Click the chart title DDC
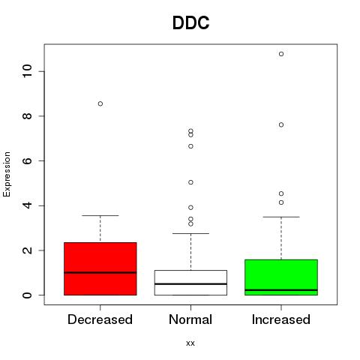[190, 23]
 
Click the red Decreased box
[100, 268]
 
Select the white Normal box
[190, 283]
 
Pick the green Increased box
[281, 277]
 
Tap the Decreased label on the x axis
[100, 319]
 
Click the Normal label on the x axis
[190, 319]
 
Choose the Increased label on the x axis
[281, 319]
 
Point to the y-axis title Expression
[7, 174]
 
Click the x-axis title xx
[190, 343]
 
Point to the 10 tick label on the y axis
[28, 71]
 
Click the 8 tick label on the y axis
[28, 116]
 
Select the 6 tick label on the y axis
[28, 160]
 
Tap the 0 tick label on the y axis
[28, 295]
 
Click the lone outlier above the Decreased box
[100, 103]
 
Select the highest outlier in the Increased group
[281, 54]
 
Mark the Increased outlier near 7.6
[281, 124]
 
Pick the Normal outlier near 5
[190, 182]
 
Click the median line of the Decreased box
[100, 272]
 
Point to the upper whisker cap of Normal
[190, 233]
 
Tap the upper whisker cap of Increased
[281, 217]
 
